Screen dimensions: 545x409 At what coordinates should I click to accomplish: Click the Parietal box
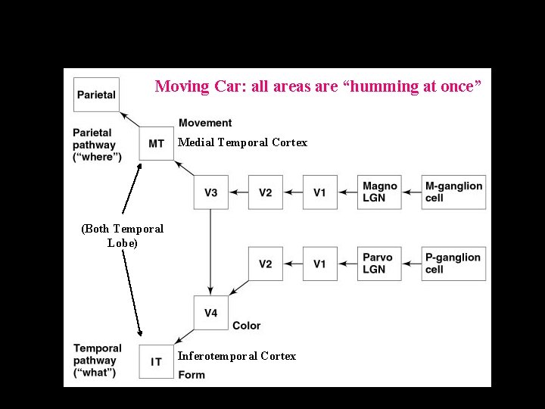[95, 95]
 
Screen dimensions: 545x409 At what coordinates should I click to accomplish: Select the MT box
[157, 144]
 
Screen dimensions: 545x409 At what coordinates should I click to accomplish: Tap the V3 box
[210, 192]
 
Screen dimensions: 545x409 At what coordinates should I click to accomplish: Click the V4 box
[210, 313]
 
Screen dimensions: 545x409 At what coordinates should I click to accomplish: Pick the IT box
[157, 361]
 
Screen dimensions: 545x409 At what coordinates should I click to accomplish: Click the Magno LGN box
[379, 192]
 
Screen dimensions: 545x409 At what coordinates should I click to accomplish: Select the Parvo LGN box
[379, 264]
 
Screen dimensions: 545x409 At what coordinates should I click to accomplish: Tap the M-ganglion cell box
[454, 192]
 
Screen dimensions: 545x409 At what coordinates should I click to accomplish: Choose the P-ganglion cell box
[454, 264]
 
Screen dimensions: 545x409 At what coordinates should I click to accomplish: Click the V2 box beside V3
[265, 192]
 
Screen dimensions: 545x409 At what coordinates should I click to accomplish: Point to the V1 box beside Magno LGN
[320, 192]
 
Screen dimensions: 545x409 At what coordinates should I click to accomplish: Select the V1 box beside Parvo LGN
[320, 264]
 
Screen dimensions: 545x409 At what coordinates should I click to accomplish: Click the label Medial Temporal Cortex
[242, 142]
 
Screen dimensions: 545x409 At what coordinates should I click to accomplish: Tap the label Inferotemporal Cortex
[236, 356]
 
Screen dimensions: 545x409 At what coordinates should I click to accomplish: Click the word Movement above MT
[205, 123]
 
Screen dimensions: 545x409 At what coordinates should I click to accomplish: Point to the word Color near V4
[246, 326]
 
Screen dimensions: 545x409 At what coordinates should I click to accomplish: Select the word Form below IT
[192, 375]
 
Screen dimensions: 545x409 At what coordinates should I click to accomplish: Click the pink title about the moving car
[318, 86]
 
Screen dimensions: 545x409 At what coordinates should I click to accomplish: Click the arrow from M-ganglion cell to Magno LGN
[412, 192]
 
